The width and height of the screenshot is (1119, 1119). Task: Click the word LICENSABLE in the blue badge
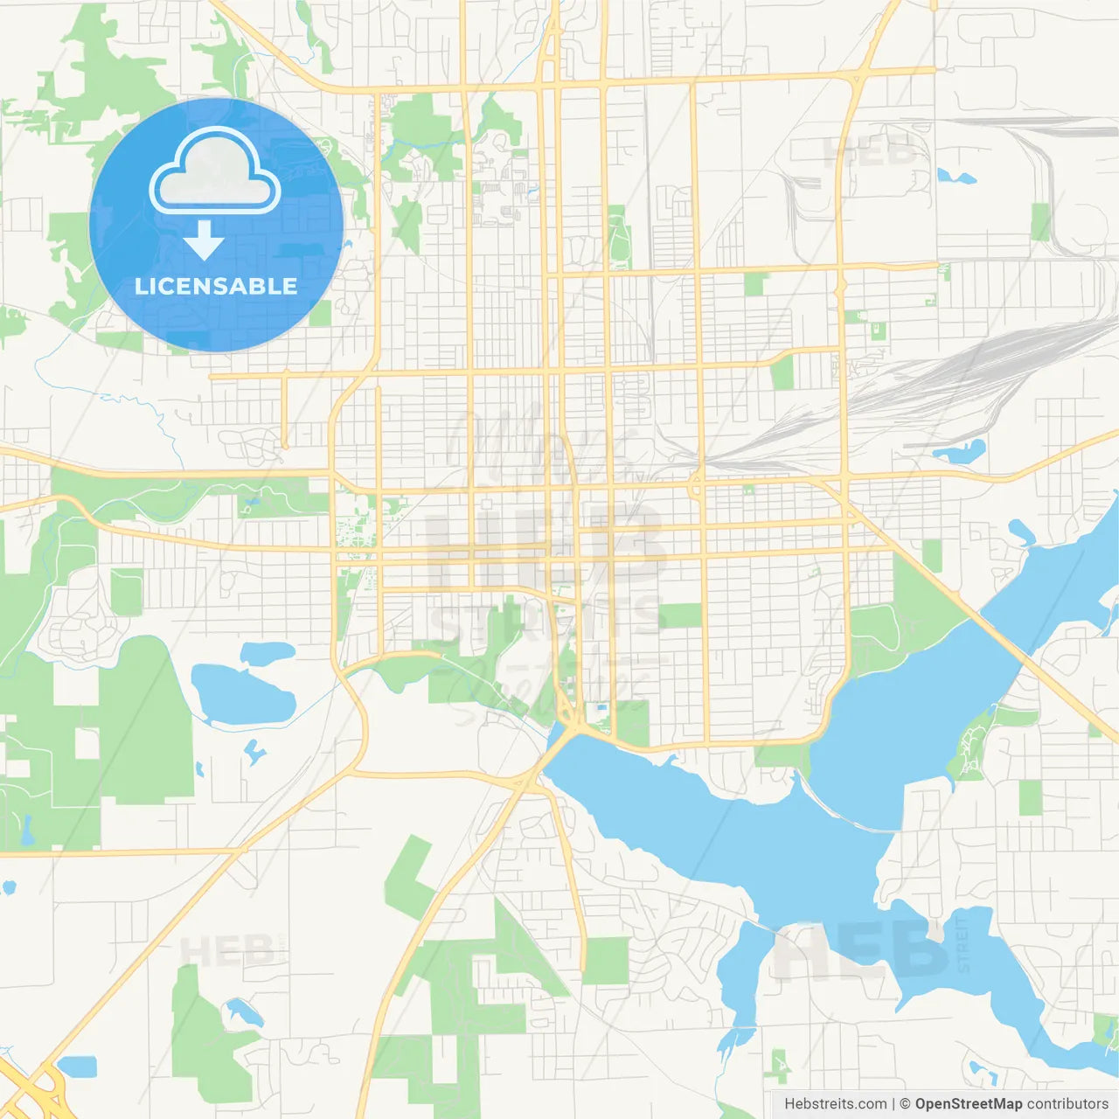(216, 286)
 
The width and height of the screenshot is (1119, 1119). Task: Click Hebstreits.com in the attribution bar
(835, 1104)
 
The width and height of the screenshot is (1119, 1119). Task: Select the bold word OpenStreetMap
(968, 1104)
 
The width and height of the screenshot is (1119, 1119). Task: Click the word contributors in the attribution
(1067, 1104)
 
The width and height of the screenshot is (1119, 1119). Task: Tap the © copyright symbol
(905, 1104)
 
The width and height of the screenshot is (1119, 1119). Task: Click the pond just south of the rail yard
(961, 452)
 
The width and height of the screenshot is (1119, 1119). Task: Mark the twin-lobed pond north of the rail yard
(956, 177)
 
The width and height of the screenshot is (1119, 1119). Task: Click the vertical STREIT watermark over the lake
(963, 944)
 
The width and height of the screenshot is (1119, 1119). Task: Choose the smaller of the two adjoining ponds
(268, 652)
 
